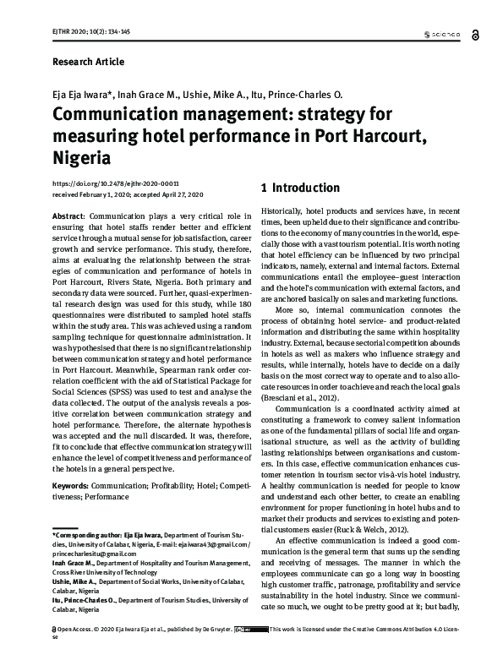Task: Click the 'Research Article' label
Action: [x=88, y=62]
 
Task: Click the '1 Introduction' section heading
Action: [x=301, y=188]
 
